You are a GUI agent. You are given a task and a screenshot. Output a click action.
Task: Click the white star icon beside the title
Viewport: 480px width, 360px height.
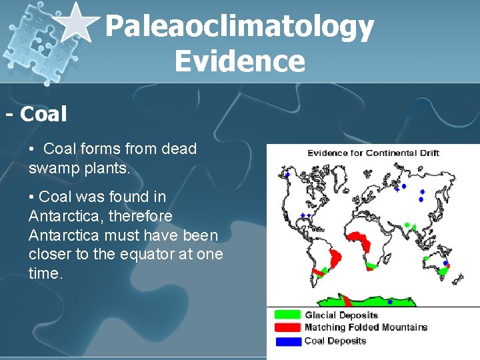click(75, 21)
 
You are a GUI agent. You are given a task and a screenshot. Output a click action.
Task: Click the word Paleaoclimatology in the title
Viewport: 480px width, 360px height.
click(239, 27)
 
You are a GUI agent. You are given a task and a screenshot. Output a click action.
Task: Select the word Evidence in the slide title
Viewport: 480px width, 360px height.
click(239, 61)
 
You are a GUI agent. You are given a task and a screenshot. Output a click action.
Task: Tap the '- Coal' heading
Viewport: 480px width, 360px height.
click(37, 115)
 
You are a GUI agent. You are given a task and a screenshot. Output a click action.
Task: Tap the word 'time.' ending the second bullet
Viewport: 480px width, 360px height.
click(45, 274)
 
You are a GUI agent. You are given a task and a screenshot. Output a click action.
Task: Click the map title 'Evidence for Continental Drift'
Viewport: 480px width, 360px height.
click(373, 153)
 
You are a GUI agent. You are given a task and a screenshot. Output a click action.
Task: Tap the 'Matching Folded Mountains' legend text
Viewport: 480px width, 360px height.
click(365, 327)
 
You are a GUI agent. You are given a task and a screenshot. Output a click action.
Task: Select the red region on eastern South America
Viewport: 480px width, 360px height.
click(335, 257)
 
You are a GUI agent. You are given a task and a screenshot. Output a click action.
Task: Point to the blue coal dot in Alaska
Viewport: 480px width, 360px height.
click(287, 175)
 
